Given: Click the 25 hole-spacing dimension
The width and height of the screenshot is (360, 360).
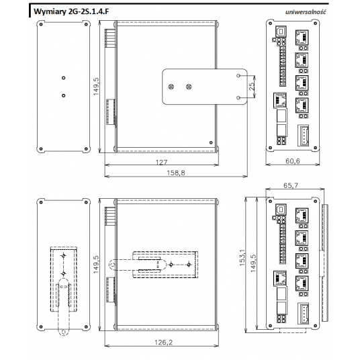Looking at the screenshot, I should pyautogui.click(x=251, y=86).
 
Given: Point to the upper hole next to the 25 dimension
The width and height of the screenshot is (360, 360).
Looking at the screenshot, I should pyautogui.click(x=238, y=76).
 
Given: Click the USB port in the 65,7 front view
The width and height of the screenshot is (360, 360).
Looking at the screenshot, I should pyautogui.click(x=280, y=208).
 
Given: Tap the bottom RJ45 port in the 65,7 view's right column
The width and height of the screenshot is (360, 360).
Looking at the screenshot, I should pyautogui.click(x=302, y=283).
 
